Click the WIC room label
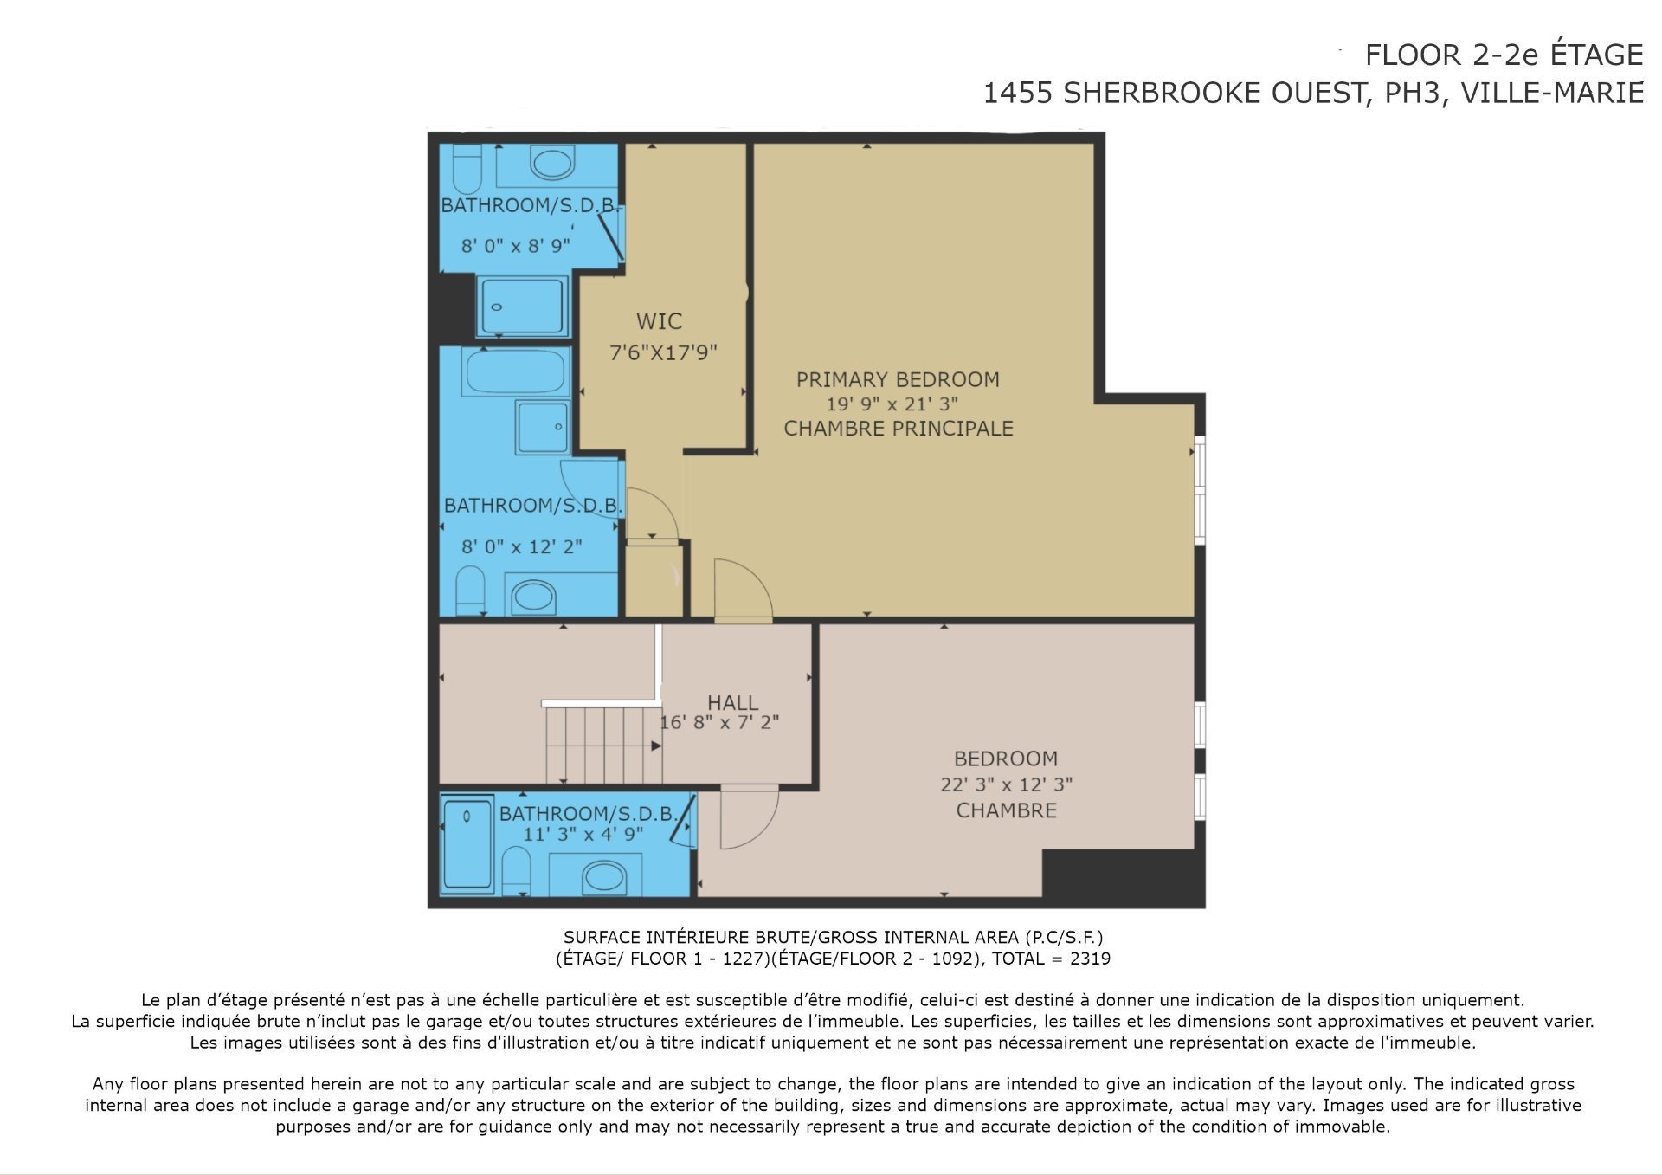[659, 321]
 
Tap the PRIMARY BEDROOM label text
[898, 379]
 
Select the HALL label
[732, 703]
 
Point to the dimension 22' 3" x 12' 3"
[1006, 784]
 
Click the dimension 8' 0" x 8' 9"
[515, 246]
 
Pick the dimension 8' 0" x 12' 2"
[521, 546]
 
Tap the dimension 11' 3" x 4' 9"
[583, 834]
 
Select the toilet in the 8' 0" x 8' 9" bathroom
[467, 169]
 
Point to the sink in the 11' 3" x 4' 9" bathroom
[603, 877]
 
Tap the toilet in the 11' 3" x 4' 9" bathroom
[517, 869]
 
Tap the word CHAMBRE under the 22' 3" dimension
[1006, 810]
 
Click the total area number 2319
[1090, 959]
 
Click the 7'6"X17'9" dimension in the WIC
[664, 352]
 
